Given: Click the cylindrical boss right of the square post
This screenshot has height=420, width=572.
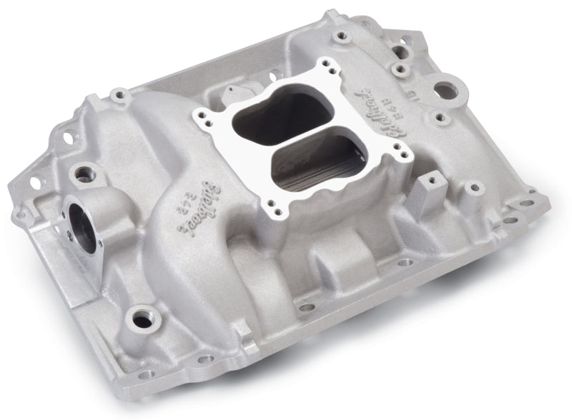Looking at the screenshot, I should pyautogui.click(x=471, y=190).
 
